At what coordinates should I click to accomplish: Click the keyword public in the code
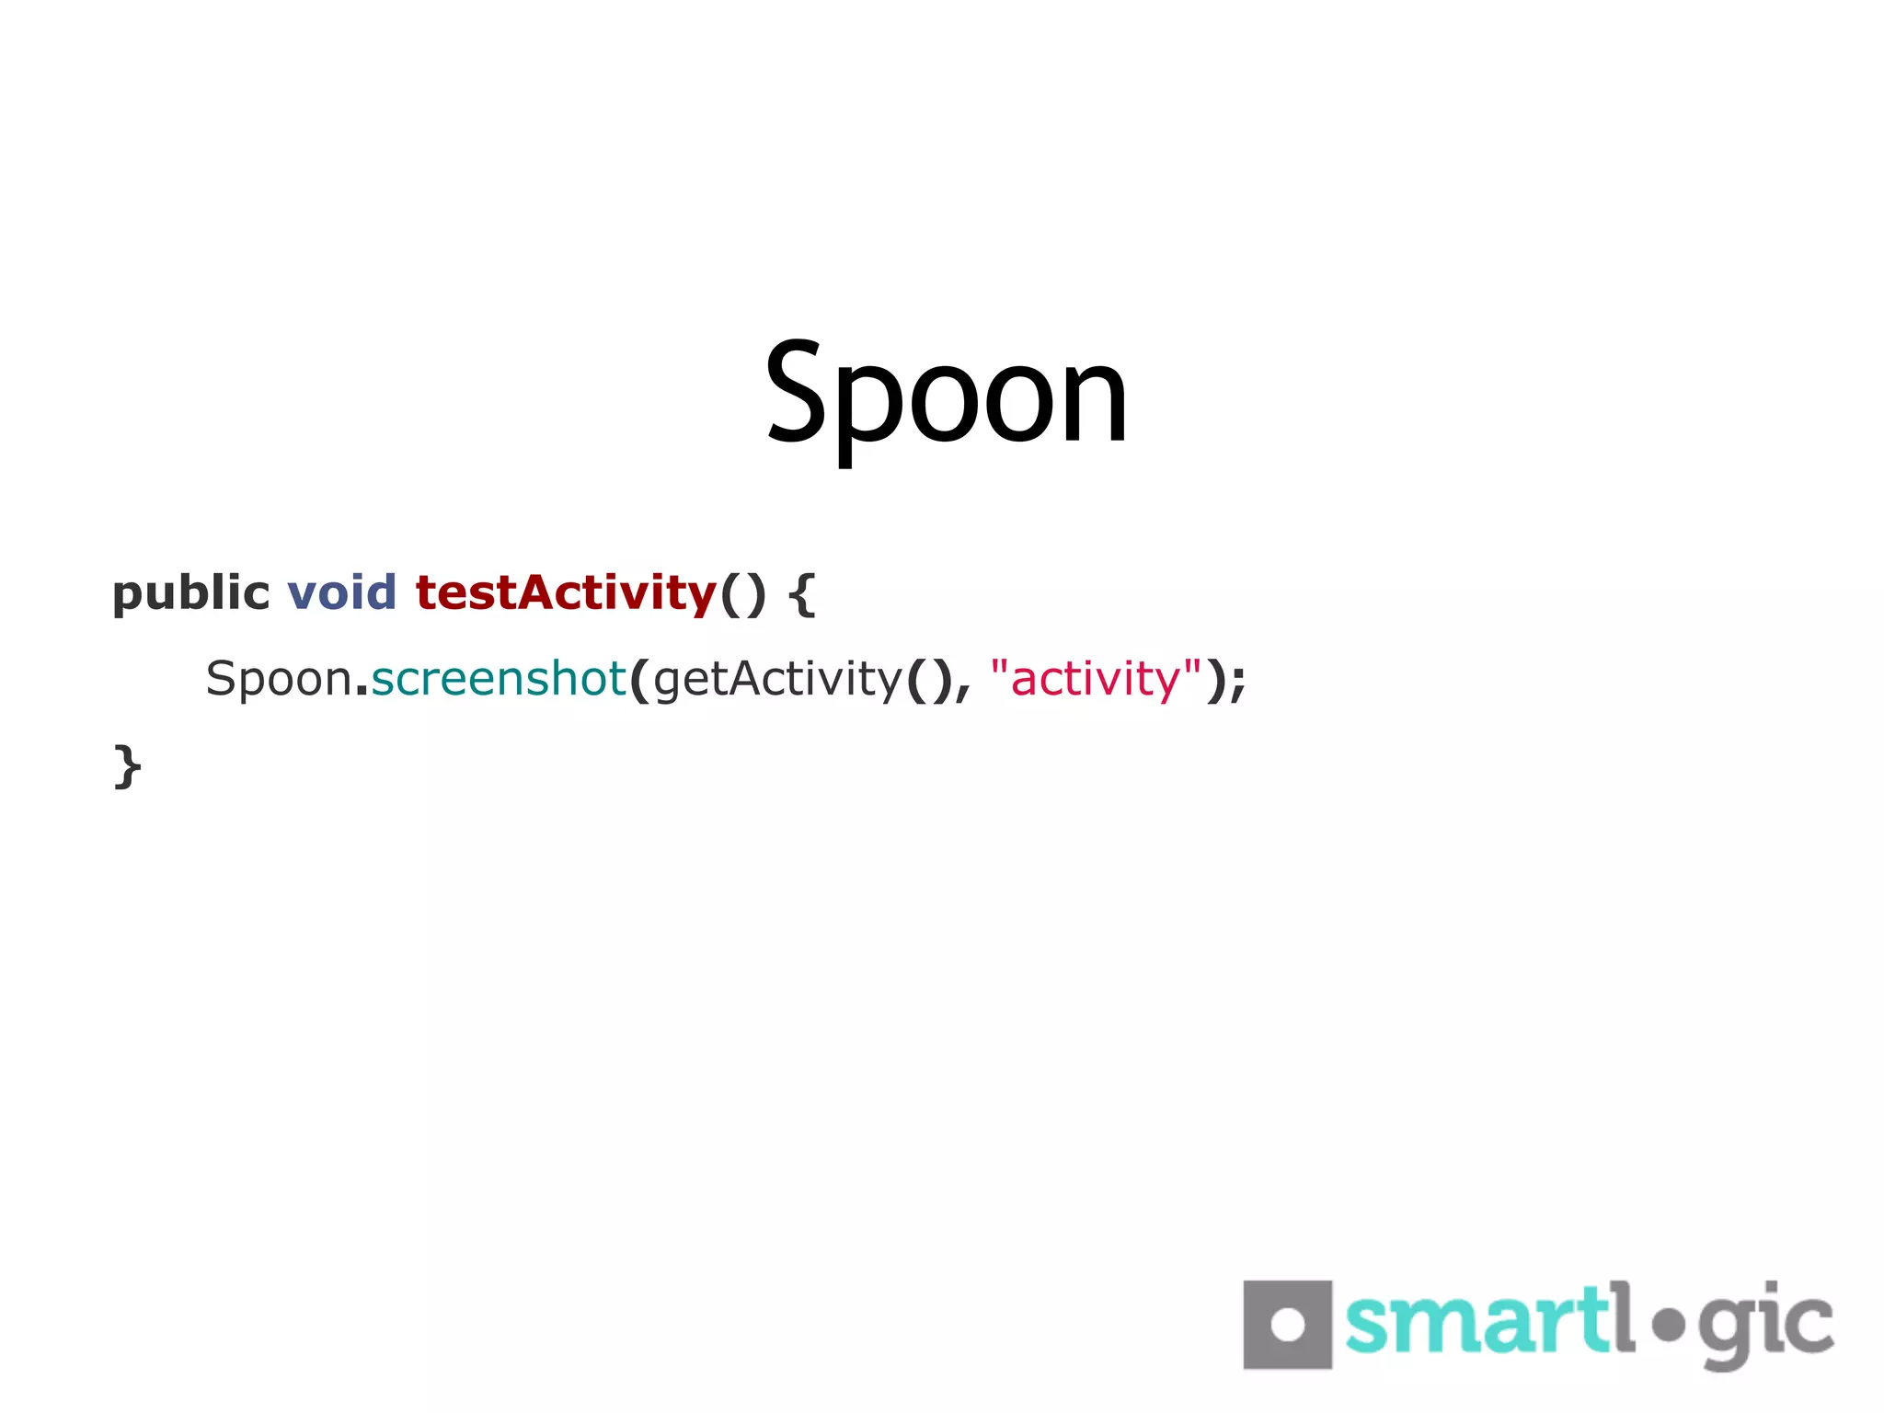click(190, 593)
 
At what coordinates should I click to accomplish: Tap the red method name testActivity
click(566, 592)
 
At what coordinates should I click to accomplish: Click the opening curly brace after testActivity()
click(802, 594)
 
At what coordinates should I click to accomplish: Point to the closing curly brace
click(127, 766)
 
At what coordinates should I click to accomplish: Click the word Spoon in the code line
click(279, 680)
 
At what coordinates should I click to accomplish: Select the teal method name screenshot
click(498, 679)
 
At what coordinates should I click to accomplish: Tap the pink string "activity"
click(1096, 679)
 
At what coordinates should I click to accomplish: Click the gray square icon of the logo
click(1287, 1324)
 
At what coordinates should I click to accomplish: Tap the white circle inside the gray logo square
click(1287, 1325)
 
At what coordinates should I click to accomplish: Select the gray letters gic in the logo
click(1765, 1325)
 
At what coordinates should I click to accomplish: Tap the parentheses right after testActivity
click(742, 593)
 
